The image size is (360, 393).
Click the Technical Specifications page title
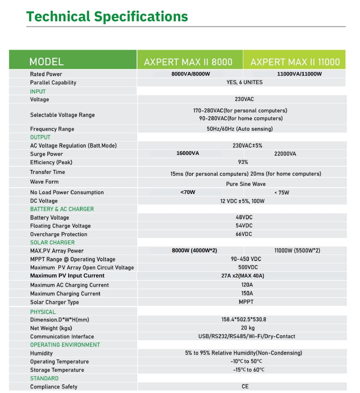coord(107,17)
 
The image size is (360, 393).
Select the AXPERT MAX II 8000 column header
coord(188,62)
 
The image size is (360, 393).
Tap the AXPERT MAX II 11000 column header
coord(295,62)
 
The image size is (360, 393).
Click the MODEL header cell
coord(47,62)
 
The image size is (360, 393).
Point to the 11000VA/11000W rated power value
coord(299,74)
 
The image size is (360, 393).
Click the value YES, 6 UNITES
coord(244,82)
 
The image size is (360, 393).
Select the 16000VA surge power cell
coord(188,153)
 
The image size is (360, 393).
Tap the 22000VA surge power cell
coord(285,154)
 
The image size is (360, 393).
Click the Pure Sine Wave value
coord(246,184)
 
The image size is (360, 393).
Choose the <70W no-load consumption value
coord(188,192)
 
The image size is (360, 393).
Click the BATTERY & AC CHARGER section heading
coord(62,209)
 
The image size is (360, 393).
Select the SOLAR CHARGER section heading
coord(52,242)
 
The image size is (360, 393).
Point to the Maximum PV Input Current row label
coord(67,276)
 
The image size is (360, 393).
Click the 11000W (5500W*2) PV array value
coord(297,251)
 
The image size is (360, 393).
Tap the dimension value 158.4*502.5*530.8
coord(246,319)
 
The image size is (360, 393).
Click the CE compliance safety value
coord(245,386)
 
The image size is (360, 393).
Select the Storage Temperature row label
coord(57,370)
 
